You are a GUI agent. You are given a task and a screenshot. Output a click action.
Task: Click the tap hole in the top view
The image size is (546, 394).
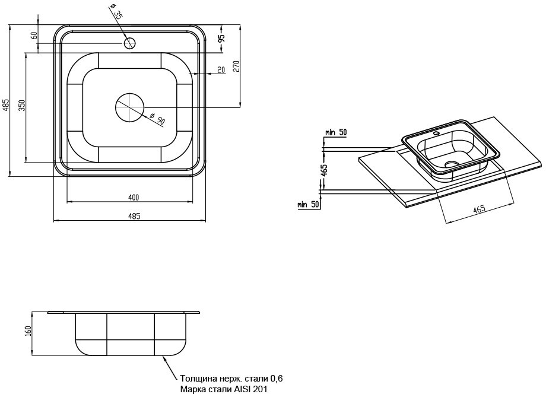130,43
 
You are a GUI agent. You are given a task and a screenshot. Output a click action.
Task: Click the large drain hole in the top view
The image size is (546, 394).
130,107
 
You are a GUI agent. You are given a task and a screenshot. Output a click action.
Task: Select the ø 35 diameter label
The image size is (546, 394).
116,12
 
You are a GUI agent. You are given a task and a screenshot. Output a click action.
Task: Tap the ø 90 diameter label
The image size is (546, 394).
157,118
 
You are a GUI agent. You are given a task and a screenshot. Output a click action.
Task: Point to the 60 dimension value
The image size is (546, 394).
34,36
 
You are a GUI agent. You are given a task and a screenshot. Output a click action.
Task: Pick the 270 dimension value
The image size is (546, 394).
236,66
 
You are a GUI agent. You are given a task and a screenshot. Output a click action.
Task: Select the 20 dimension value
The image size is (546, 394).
221,70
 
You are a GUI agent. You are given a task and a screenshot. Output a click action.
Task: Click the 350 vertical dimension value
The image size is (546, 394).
21,106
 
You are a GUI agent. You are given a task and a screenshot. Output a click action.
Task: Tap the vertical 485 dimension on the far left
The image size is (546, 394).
5,105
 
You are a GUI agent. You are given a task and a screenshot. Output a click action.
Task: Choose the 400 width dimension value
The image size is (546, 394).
133,197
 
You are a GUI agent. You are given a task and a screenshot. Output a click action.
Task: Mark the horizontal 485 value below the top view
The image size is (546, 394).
134,217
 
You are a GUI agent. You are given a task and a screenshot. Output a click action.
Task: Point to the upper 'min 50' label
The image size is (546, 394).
336,132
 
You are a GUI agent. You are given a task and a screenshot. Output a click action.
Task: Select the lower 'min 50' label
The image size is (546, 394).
309,205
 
